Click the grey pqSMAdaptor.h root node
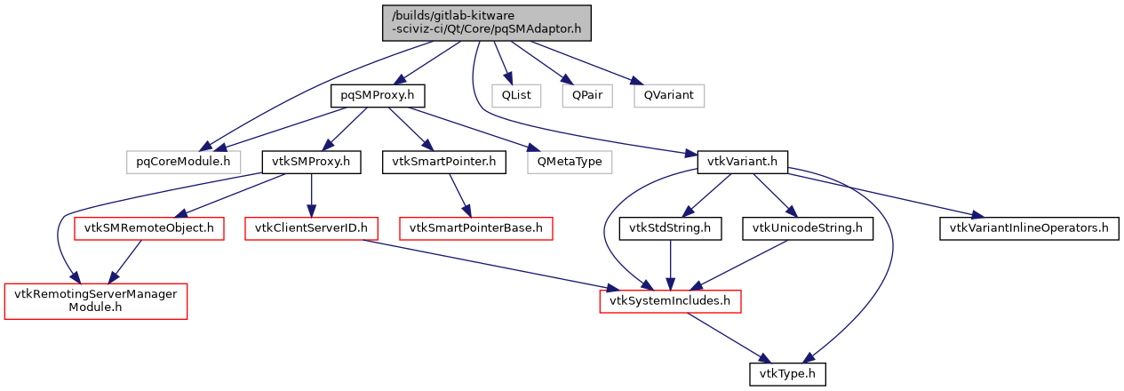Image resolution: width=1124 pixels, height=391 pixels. [487, 21]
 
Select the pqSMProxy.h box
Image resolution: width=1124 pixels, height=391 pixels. [378, 95]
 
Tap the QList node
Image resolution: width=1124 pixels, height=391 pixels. [516, 95]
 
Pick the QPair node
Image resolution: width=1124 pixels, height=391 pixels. [586, 95]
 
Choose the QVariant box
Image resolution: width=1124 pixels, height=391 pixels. [668, 95]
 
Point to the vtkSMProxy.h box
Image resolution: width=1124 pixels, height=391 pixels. [310, 162]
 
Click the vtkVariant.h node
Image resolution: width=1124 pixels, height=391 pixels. [743, 162]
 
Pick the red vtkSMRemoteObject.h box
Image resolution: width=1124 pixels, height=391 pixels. [149, 228]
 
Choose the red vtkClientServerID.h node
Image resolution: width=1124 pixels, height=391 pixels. [312, 228]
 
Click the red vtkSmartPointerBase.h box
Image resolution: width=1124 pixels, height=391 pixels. [476, 228]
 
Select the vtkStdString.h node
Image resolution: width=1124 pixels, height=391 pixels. [669, 228]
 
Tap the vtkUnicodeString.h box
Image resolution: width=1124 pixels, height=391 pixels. [808, 228]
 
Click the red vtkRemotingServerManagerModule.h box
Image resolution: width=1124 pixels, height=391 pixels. [96, 301]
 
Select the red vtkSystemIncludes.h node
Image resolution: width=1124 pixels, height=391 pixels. [670, 301]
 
